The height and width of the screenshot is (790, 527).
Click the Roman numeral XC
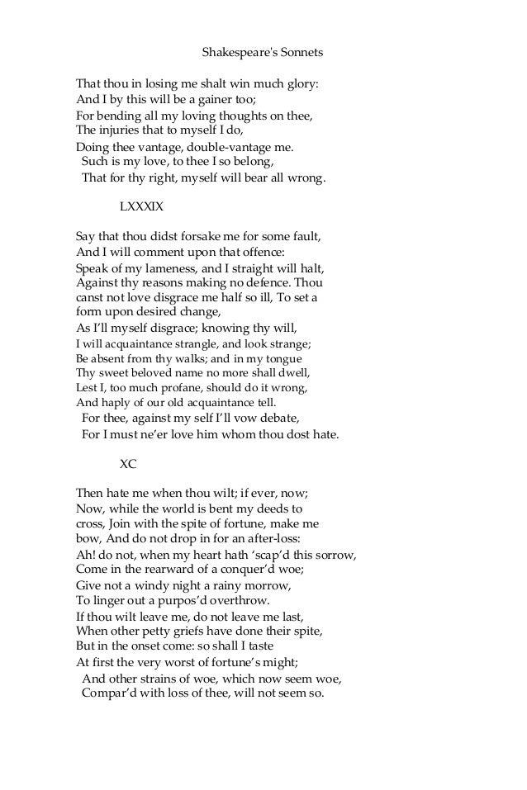tap(129, 464)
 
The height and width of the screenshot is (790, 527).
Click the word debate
tap(277, 419)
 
